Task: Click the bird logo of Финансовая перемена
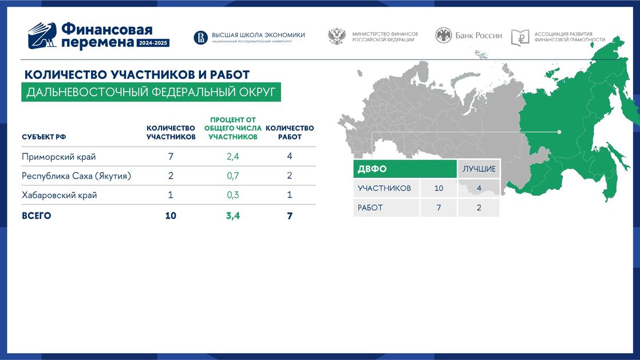coord(42,36)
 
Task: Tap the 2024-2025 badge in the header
coord(153,43)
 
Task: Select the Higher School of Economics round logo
coord(200,38)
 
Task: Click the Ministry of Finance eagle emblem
coord(337,36)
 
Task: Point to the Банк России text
coord(479,35)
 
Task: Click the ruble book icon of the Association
coord(520,38)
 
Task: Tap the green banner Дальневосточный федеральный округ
coord(151,92)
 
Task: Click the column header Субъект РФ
coord(44,137)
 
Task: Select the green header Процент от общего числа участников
coord(232,128)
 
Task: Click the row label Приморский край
coord(59,157)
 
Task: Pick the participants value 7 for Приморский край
coord(171,156)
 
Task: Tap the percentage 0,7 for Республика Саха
coord(232,176)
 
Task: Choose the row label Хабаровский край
coord(59,195)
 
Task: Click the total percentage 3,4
coord(232,216)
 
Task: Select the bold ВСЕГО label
coord(36,216)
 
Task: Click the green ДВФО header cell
coord(405,169)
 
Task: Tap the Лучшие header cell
coord(479,169)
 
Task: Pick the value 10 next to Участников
coord(438,188)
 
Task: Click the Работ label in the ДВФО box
coord(370,208)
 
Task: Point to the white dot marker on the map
coord(559,132)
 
